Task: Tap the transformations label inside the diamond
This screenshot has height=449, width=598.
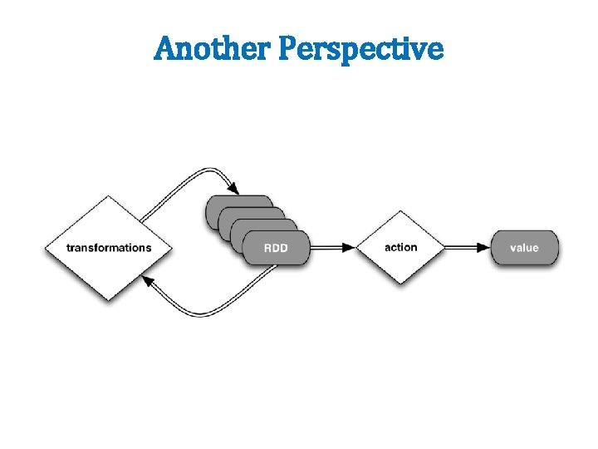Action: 109,248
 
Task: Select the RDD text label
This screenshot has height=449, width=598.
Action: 276,248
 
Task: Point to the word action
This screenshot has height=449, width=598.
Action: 401,247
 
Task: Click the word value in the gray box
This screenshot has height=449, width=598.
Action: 524,247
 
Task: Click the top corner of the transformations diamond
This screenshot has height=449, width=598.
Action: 108,197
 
